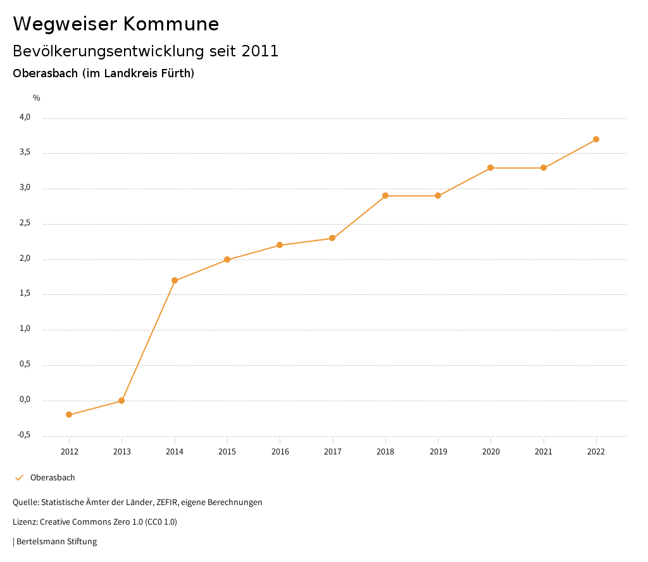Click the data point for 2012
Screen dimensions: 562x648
(x=69, y=415)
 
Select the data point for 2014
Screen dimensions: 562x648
(x=175, y=280)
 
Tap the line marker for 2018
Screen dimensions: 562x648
(x=385, y=196)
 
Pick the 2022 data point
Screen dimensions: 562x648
(x=596, y=139)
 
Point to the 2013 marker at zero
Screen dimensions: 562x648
(x=121, y=401)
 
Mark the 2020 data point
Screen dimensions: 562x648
(x=490, y=168)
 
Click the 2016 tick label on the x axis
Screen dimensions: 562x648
(x=280, y=452)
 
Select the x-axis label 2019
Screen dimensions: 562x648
(x=438, y=452)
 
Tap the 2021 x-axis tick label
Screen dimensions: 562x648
(x=544, y=452)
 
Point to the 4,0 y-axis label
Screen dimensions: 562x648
(x=25, y=117)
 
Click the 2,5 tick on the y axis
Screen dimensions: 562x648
(x=25, y=223)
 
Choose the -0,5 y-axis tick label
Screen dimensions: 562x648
(x=23, y=435)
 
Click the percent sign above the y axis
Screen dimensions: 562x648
(x=37, y=98)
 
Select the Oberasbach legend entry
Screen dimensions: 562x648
(x=53, y=478)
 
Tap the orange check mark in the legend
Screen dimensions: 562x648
(x=19, y=478)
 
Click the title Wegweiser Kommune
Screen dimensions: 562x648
(x=116, y=24)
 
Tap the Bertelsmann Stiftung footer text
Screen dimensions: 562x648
(x=56, y=542)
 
